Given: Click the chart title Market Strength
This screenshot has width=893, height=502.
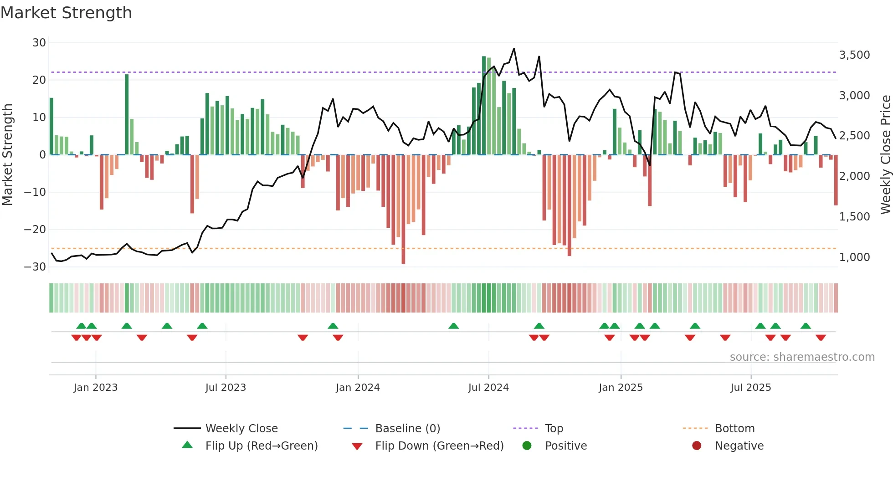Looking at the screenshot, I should [66, 13].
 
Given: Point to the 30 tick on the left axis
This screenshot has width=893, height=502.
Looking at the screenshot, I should [39, 43].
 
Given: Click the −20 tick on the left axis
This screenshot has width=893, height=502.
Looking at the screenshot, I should [35, 230].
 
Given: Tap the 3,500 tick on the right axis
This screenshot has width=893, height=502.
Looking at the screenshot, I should [854, 55].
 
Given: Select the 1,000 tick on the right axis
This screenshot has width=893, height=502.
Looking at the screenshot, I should [854, 257].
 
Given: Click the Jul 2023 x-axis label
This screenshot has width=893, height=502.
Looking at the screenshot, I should [226, 388].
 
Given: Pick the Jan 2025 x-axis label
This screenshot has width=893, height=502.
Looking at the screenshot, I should [621, 388].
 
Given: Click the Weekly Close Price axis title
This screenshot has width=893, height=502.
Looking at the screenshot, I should [885, 155].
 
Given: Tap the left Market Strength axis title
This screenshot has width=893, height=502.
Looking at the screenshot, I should [7, 155].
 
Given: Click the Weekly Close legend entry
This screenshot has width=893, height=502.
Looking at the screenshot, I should [241, 429].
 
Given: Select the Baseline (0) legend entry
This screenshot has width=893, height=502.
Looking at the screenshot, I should [407, 429].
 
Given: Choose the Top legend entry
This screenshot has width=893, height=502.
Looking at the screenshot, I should [554, 429].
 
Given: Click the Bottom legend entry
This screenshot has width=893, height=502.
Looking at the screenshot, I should [734, 429].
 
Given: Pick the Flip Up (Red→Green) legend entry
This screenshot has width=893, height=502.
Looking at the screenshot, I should [261, 446].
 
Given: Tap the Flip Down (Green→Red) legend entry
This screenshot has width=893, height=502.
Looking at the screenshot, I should [439, 446].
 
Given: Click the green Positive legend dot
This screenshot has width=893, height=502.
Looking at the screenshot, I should [527, 446].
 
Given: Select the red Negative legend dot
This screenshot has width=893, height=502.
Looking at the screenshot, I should [697, 446].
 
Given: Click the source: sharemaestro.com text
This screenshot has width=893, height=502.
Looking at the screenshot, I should [802, 357].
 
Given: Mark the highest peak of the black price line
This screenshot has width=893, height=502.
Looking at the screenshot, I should [514, 49].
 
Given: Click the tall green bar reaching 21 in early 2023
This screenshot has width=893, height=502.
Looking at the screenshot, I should [127, 114].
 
